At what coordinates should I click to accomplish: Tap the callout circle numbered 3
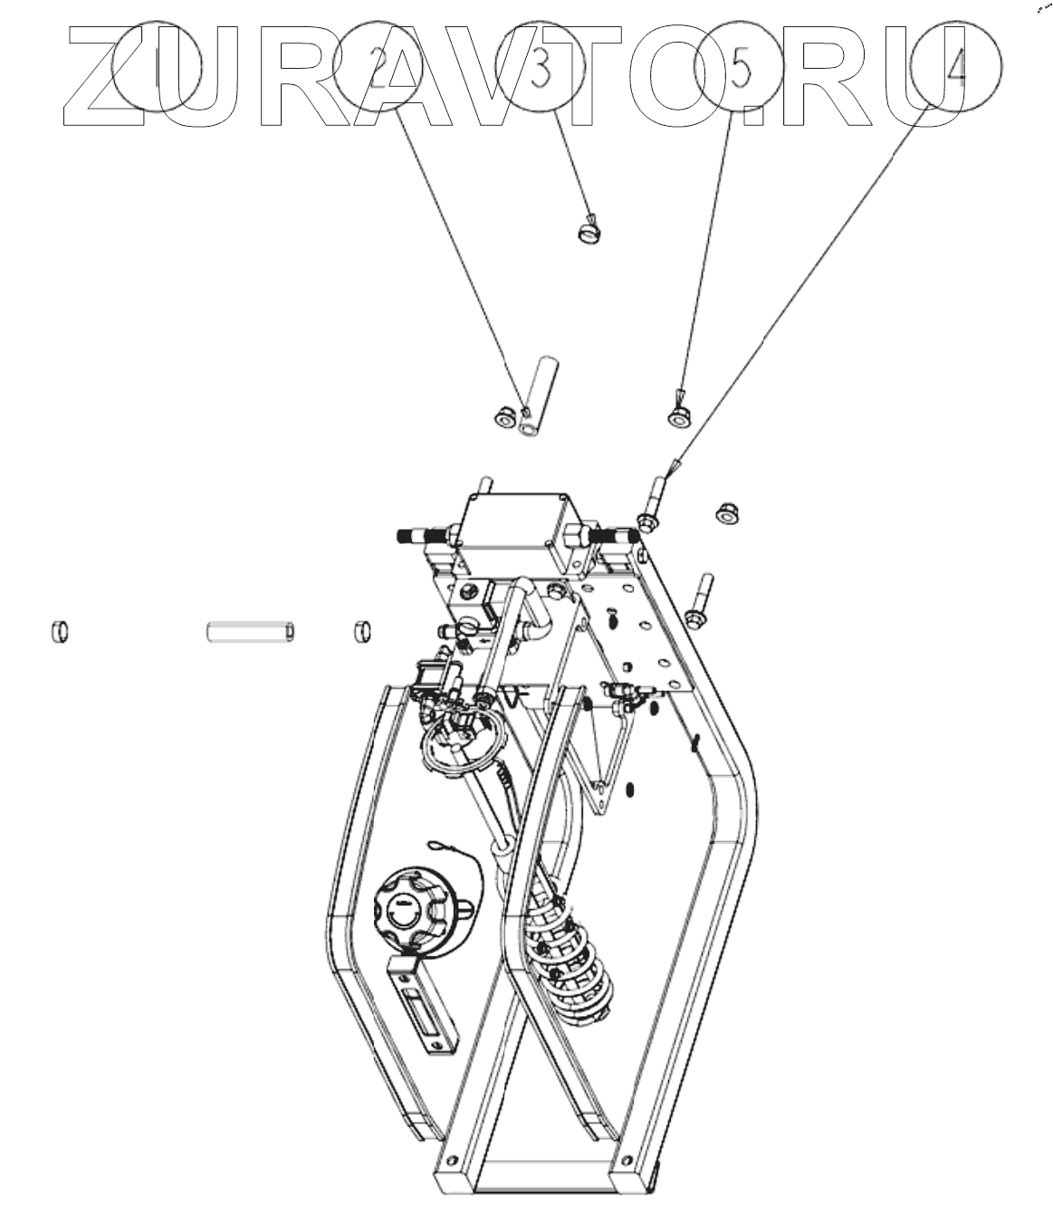coord(541,65)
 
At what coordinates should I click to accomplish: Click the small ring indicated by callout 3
coord(589,233)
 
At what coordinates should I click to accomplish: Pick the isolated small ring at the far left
coord(58,630)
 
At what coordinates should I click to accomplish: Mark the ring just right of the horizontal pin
coord(362,629)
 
